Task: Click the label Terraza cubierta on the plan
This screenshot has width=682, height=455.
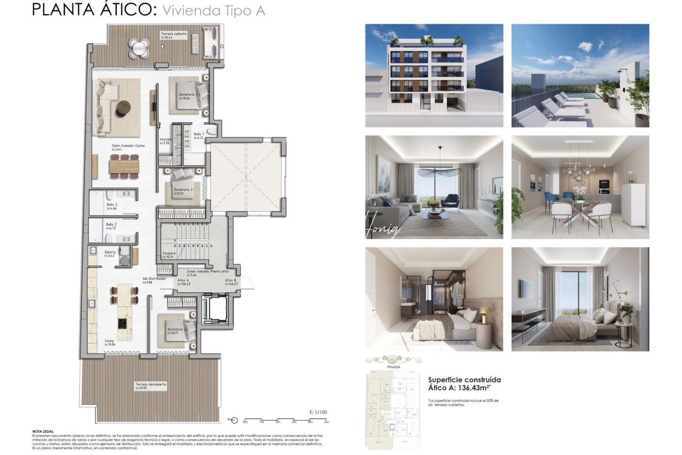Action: pos(173,34)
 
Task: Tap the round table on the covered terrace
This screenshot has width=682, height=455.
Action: pos(139,48)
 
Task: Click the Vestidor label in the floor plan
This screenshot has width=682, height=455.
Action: pos(165,139)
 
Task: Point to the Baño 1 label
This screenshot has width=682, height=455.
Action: pos(199,134)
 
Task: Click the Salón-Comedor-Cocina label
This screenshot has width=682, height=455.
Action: pos(128,146)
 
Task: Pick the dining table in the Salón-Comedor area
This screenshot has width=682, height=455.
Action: pos(124,167)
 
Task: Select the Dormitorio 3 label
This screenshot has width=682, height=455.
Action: pos(183,190)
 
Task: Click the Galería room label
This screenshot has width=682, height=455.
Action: pos(110,252)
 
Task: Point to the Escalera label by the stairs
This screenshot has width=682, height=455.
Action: pos(169,253)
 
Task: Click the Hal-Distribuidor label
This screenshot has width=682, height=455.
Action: pos(154,278)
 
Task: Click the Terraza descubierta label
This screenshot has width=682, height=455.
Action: pos(151,384)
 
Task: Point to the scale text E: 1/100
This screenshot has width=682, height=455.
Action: pos(318,412)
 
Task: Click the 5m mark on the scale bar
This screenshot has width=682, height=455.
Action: pos(326,422)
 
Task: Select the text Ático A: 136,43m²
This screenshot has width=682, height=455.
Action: pos(460,388)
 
